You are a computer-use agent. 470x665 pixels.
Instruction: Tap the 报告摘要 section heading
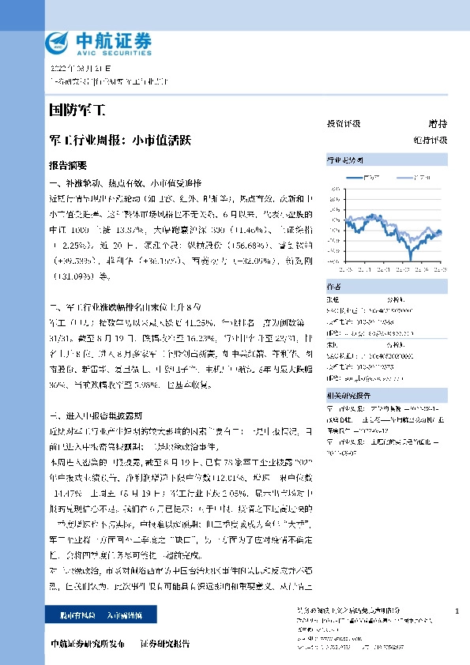click(x=68, y=167)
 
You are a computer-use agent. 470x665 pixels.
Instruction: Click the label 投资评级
click(x=343, y=124)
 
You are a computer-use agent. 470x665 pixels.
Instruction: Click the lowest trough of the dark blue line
click(x=411, y=258)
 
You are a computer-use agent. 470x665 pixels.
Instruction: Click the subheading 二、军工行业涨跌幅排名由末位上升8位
click(x=126, y=306)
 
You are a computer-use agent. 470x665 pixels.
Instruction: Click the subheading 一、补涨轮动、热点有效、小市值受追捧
click(x=126, y=183)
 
